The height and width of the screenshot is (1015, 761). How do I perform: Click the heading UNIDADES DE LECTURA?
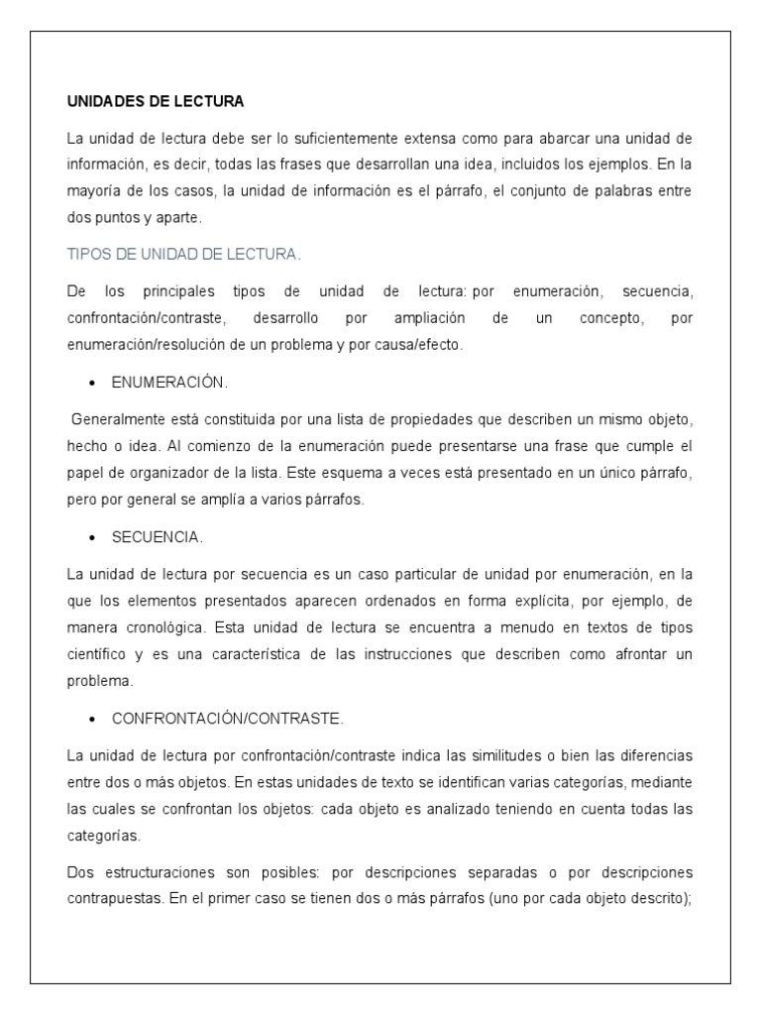pos(156,102)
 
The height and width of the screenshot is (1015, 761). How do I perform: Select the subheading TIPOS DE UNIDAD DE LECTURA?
pos(183,255)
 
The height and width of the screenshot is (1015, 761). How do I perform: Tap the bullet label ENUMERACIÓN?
pos(169,382)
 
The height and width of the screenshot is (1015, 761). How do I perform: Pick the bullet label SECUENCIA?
pos(157,537)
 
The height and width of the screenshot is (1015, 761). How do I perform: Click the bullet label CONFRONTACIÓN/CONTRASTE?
pos(228,718)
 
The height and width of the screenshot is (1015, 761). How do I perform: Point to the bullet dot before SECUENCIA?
pos(92,538)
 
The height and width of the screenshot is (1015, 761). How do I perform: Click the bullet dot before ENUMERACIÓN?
pos(92,383)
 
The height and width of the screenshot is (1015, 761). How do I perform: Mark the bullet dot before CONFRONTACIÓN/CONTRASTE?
pos(92,719)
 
